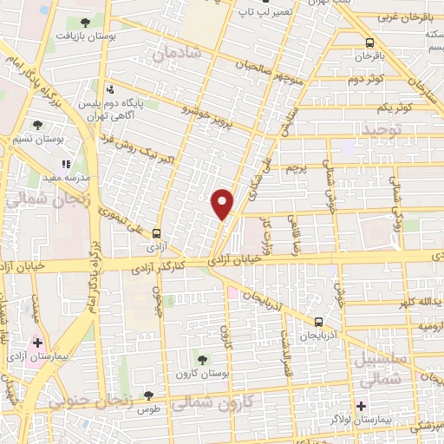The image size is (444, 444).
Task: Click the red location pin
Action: (223, 203)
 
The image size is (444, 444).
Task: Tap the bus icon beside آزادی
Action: (156, 232)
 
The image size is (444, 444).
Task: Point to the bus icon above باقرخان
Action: (371, 42)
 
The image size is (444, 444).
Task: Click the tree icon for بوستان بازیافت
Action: (83, 23)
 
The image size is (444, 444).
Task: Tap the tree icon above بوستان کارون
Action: (202, 359)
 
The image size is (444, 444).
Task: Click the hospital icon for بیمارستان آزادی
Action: (37, 343)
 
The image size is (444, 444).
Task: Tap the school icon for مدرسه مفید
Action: (65, 162)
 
